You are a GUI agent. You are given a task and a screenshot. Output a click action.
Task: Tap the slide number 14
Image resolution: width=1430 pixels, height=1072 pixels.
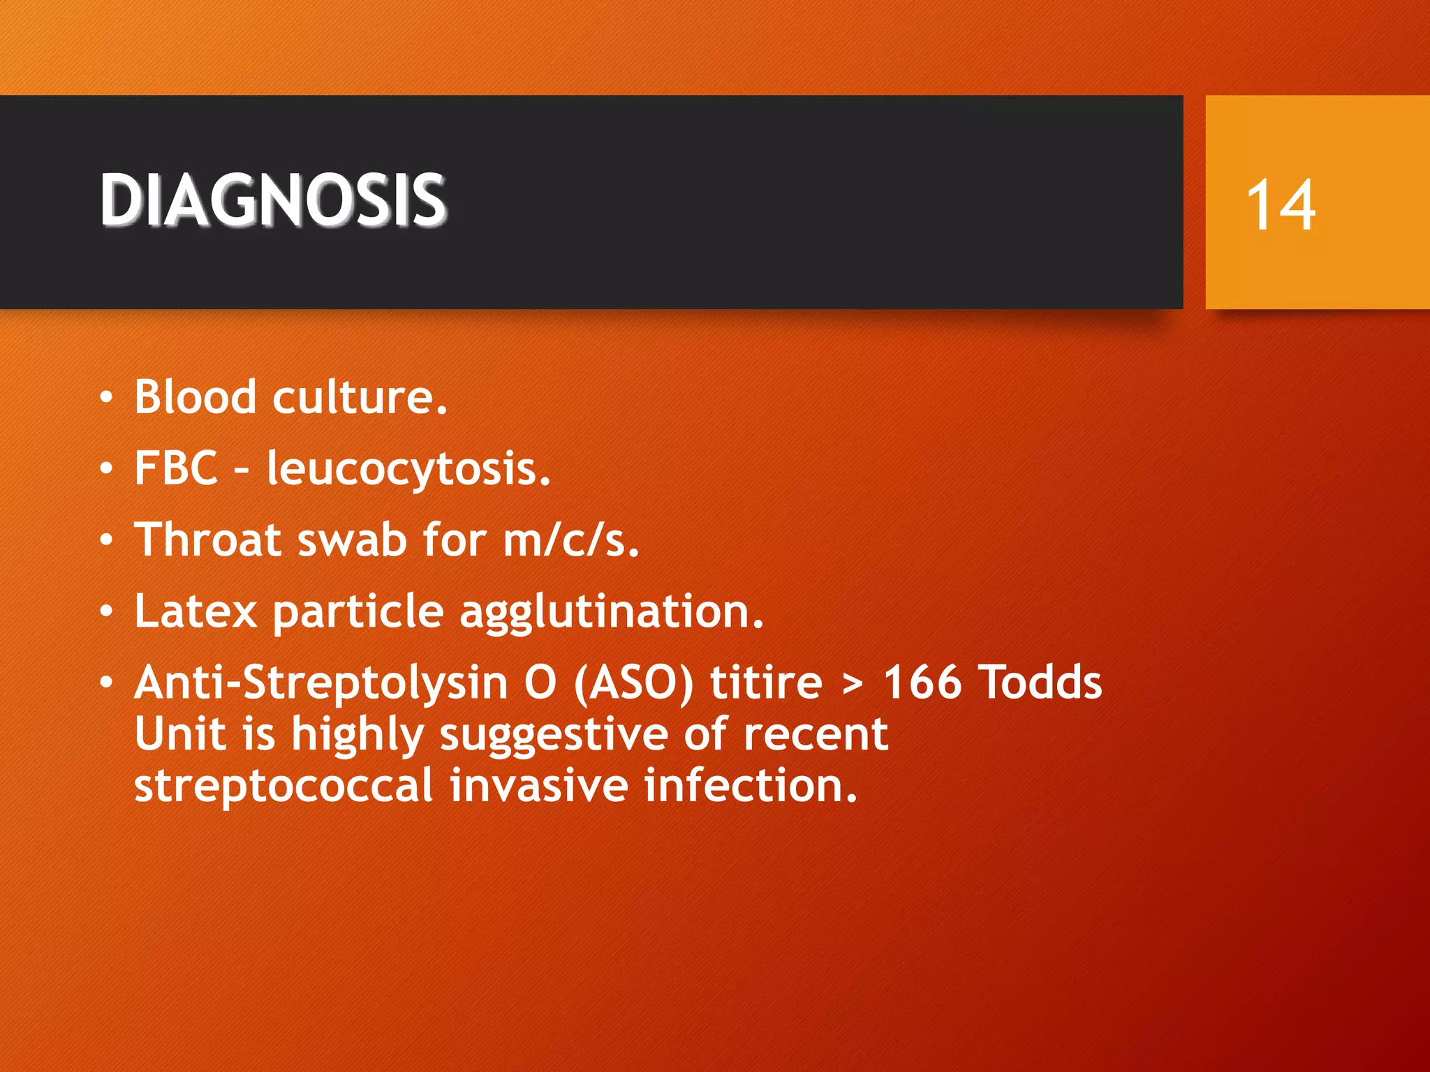(1280, 204)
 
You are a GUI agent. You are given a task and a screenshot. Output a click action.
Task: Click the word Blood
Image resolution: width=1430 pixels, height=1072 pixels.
(195, 396)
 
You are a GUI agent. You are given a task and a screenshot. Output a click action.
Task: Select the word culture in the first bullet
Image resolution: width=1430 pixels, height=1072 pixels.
(359, 398)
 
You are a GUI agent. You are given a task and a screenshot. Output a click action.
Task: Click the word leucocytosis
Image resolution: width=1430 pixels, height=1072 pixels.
(408, 469)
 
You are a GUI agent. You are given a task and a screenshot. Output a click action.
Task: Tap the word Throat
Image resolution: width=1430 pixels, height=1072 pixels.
(208, 539)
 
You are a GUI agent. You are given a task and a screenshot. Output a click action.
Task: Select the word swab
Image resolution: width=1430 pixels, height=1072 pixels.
(352, 541)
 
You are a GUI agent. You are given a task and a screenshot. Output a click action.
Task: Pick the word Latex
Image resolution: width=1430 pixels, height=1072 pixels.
(196, 611)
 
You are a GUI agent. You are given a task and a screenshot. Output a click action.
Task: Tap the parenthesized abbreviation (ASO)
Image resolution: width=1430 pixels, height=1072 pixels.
(633, 683)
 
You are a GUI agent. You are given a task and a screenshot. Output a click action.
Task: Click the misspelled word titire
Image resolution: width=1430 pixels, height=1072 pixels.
(766, 682)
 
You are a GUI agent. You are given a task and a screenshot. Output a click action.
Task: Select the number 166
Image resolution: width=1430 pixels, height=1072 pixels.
(922, 682)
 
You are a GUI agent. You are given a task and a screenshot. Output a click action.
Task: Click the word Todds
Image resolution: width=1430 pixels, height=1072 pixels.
(1040, 682)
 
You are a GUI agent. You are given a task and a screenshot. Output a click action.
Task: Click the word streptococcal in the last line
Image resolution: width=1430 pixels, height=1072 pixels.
(283, 786)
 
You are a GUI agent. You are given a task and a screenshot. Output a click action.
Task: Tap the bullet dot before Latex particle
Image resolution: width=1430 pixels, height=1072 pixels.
(105, 611)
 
